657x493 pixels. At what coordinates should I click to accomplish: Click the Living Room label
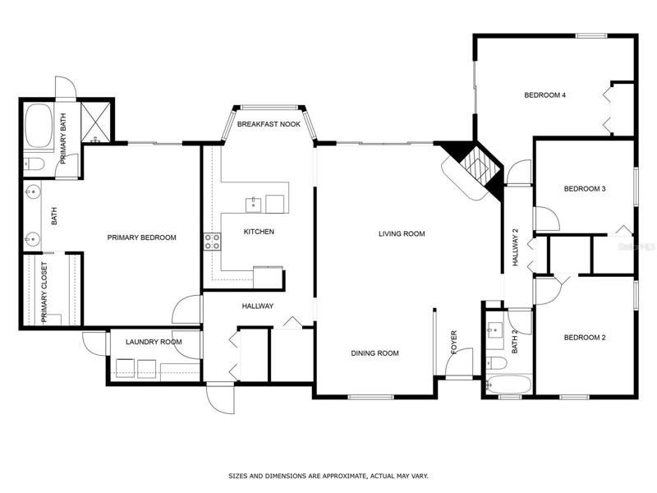(x=402, y=233)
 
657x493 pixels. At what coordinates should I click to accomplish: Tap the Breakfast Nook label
(x=269, y=124)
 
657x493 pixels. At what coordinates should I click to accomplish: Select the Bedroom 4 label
(x=544, y=95)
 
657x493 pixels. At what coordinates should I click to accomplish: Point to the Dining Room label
(x=374, y=353)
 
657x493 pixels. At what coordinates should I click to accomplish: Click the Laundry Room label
(x=154, y=342)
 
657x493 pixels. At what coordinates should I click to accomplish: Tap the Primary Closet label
(x=44, y=293)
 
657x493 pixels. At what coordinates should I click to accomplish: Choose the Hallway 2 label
(x=516, y=247)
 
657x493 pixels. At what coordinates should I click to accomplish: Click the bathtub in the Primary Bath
(x=39, y=126)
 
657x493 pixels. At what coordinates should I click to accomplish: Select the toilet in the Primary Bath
(x=34, y=164)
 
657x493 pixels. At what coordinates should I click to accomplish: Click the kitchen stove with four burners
(x=212, y=242)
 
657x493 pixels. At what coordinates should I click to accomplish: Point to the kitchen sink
(x=253, y=205)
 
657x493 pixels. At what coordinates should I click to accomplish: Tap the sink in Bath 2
(x=494, y=330)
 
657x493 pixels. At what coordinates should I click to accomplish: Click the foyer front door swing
(x=459, y=363)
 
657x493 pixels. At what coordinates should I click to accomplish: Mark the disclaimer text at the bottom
(x=328, y=476)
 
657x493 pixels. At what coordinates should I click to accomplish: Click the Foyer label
(x=454, y=343)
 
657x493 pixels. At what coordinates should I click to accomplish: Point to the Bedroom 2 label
(x=585, y=338)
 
